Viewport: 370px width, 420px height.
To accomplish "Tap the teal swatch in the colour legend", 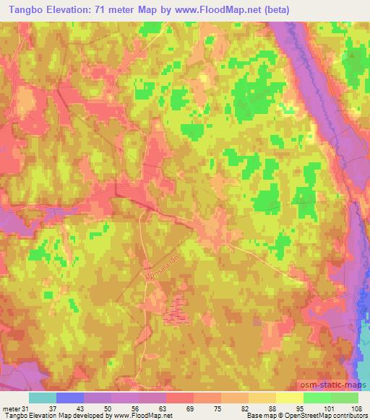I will (x=43, y=398).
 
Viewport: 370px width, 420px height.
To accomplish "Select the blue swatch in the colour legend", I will (x=70, y=398).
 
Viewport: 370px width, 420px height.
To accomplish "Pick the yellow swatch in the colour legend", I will (x=290, y=398).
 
